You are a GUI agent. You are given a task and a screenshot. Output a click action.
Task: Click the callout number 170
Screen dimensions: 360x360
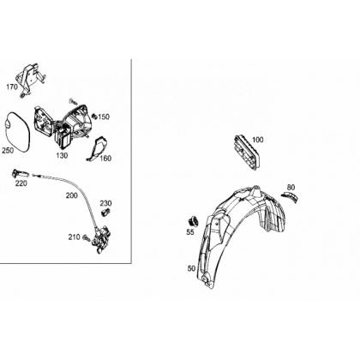(x=12, y=87)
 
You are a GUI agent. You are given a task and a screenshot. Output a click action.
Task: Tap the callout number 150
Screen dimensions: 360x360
(x=104, y=117)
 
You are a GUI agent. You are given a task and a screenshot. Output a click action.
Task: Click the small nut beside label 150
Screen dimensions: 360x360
(x=94, y=116)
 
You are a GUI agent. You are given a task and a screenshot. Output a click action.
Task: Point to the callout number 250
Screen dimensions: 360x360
(x=8, y=150)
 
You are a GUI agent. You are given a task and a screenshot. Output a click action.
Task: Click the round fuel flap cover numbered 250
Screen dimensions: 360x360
(x=16, y=133)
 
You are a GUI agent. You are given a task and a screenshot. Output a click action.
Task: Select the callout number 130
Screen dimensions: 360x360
(x=62, y=155)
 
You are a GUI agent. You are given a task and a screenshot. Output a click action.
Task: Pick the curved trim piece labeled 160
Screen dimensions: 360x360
(x=97, y=149)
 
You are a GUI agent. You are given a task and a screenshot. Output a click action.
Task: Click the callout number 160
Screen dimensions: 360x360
(x=105, y=159)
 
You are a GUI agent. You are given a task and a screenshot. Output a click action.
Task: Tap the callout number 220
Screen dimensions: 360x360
(x=21, y=183)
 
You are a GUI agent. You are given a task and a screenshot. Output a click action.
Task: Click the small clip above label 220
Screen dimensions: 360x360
(x=20, y=174)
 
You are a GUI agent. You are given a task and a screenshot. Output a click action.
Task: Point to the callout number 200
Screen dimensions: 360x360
(x=72, y=195)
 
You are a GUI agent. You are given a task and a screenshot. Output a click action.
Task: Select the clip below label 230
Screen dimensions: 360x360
(x=105, y=213)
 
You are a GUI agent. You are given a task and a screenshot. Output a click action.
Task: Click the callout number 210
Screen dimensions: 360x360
(x=74, y=237)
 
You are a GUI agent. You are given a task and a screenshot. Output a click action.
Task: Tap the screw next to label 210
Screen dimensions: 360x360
(x=87, y=237)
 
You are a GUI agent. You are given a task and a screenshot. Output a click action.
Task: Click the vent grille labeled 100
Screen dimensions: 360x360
(x=246, y=154)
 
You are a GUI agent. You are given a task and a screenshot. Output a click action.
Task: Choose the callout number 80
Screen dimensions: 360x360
(x=291, y=188)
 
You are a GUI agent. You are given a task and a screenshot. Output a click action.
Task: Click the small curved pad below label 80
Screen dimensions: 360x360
(x=290, y=196)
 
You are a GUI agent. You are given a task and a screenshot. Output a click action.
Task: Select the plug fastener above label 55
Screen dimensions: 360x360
(x=192, y=221)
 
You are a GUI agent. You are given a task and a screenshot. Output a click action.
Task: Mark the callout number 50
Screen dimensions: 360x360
(x=191, y=268)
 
